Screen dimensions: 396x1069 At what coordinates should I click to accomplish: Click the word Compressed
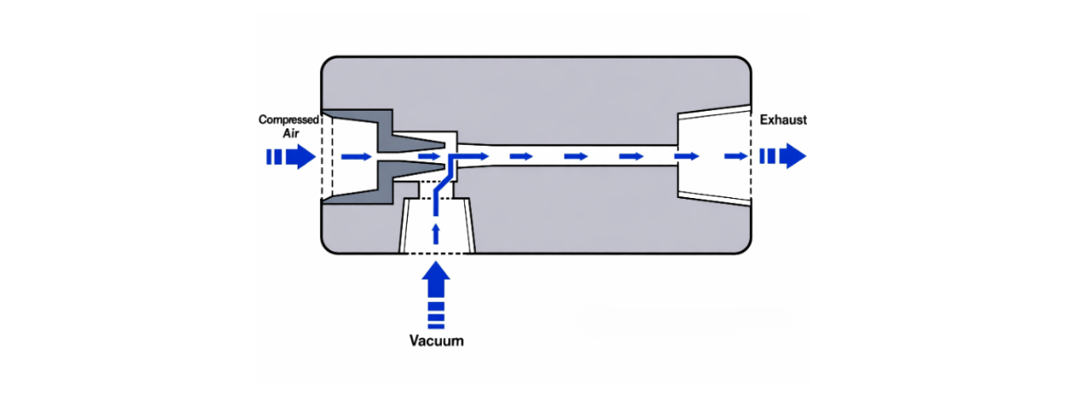[289, 120]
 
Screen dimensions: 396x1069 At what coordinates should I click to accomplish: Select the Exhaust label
[783, 120]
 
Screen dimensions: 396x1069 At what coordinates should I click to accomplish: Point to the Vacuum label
[436, 341]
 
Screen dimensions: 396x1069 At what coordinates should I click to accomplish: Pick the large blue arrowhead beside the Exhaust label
[794, 156]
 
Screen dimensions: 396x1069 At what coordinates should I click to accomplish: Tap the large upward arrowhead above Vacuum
[436, 278]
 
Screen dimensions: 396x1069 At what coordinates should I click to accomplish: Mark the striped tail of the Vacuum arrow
[436, 314]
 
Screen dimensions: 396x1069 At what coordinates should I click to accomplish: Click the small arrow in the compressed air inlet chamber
[356, 157]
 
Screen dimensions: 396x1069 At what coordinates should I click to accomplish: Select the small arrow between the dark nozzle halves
[428, 156]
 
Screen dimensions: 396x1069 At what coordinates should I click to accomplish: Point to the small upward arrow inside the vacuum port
[436, 232]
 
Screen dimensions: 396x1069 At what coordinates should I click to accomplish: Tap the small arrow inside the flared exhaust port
[734, 157]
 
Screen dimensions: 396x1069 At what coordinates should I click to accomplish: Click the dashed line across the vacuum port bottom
[437, 253]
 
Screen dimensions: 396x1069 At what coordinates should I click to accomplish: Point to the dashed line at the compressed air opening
[321, 156]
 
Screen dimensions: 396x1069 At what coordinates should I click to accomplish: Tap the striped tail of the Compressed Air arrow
[274, 157]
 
